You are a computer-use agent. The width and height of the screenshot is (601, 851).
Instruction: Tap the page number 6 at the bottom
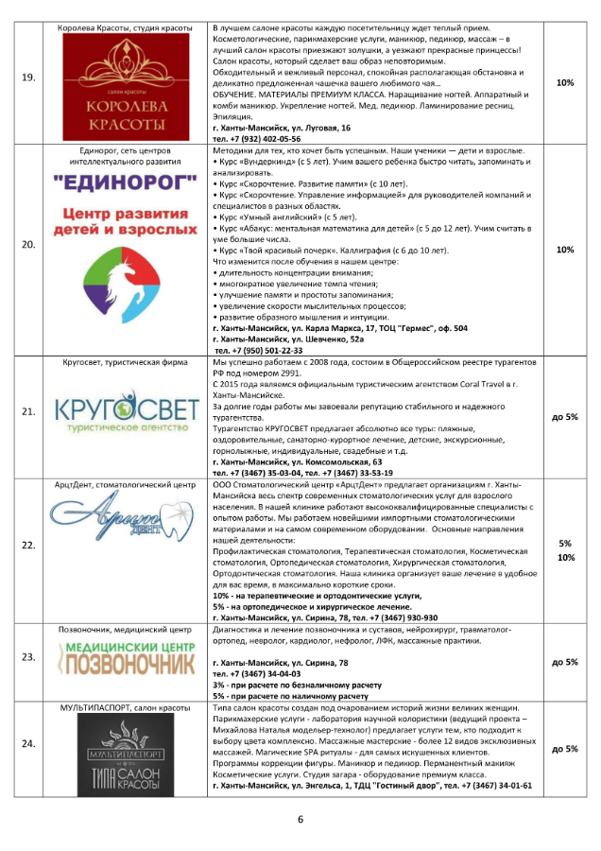click(x=300, y=819)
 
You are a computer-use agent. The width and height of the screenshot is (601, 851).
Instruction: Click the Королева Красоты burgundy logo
click(x=132, y=89)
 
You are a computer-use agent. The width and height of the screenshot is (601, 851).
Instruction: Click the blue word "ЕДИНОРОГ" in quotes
click(x=132, y=180)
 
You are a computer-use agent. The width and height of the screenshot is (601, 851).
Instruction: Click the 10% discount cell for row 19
click(x=565, y=82)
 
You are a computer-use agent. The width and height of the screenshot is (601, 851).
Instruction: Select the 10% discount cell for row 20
click(x=565, y=250)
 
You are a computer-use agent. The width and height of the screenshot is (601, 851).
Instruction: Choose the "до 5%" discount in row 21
click(x=565, y=416)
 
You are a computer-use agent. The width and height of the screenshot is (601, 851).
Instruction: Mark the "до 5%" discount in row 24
click(x=565, y=748)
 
